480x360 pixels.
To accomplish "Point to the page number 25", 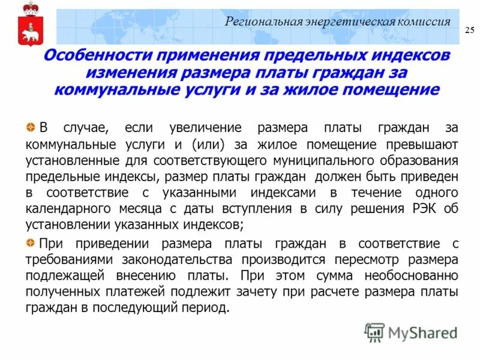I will (469, 31).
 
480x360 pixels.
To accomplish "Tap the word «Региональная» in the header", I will (260, 22).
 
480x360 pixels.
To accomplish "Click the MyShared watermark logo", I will (411, 332).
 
